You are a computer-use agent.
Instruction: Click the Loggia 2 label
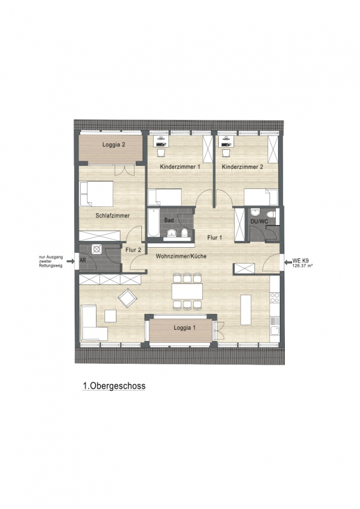pos(114,145)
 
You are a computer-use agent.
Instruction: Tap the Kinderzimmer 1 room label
pos(180,167)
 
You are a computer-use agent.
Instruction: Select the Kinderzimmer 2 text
pos(242,167)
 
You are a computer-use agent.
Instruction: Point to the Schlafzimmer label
pos(112,215)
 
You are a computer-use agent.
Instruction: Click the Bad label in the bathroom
pos(168,220)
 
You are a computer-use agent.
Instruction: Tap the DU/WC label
pos(259,221)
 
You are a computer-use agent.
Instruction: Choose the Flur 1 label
pos(215,238)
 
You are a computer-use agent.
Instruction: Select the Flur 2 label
pos(133,250)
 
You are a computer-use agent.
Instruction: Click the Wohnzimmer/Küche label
pos(181,256)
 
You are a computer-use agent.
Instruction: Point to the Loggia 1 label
pos(185,327)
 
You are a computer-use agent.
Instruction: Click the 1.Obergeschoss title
pos(114,386)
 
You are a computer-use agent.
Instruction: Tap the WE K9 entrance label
pos(300,260)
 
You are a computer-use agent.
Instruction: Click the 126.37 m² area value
pos(302,265)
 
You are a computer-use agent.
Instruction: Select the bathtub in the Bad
pos(153,223)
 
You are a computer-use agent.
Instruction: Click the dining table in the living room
pos(188,291)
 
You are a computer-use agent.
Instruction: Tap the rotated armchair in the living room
pos(128,297)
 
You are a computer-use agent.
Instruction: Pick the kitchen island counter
pos(245,309)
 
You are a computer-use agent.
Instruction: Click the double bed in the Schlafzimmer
pos(96,193)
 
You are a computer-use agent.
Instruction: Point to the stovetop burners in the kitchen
pos(275,297)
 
